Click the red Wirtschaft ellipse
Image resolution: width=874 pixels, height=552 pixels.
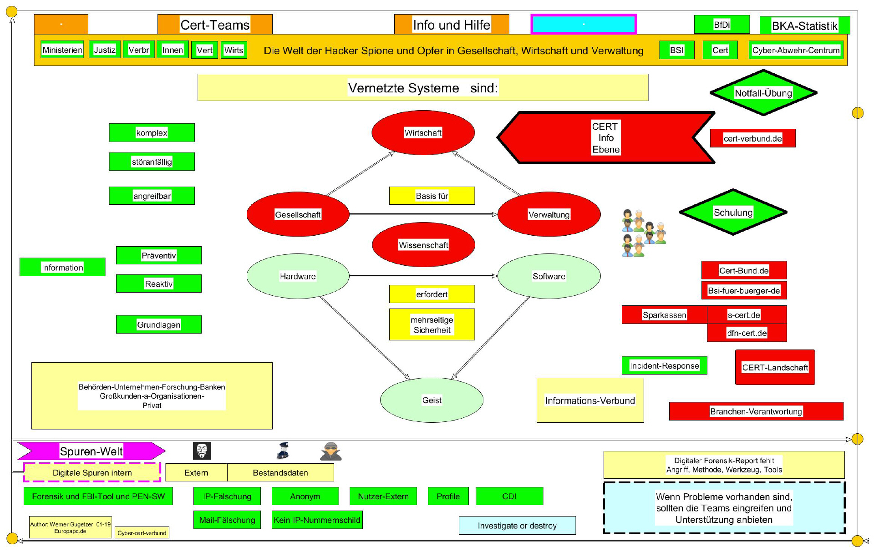point(423,132)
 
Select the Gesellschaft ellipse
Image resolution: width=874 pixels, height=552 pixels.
point(298,214)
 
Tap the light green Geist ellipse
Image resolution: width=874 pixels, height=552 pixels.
point(432,400)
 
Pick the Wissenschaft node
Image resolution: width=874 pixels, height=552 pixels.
point(423,245)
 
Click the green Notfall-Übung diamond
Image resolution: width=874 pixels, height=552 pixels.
point(763,93)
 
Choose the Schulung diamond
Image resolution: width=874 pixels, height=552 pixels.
point(733,212)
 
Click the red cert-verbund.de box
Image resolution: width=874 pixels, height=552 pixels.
point(752,138)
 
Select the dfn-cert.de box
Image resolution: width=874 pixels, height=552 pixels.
point(747,333)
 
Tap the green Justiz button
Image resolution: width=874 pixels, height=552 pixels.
point(105,50)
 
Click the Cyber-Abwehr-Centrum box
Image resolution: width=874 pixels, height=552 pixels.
point(796,50)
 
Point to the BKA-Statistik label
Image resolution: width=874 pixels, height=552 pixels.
point(804,25)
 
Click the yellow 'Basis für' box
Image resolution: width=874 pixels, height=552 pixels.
point(432,196)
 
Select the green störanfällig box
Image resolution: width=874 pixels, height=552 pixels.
point(152,162)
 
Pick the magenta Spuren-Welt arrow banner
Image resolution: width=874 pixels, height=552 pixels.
point(91,451)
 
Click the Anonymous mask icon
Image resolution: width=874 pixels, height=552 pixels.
point(202,451)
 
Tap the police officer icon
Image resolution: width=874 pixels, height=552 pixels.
point(283,451)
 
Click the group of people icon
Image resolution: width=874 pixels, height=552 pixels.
point(644,233)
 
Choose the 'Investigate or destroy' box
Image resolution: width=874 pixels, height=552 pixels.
point(517,526)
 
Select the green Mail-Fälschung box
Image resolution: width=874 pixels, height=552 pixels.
point(227,520)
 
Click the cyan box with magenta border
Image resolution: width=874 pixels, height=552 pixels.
point(584,24)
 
